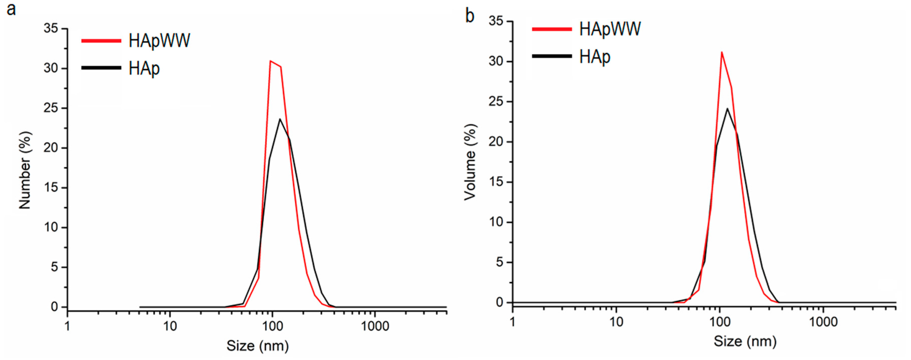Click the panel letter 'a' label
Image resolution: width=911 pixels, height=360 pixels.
[11, 9]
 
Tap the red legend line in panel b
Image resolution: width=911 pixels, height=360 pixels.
[552, 29]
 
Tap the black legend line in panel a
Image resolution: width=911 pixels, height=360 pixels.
[101, 67]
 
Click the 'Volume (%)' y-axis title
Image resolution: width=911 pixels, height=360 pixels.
[470, 162]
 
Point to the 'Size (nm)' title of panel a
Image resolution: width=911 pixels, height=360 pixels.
[257, 345]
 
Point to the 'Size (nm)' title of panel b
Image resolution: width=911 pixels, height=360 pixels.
[745, 341]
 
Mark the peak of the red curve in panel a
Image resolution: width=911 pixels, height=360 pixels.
[271, 61]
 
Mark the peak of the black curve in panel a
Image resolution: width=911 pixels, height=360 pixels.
[280, 119]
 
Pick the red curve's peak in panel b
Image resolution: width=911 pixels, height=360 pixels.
[722, 52]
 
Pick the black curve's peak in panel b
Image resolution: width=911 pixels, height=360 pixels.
[728, 108]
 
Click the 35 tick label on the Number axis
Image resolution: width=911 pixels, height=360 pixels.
[51, 28]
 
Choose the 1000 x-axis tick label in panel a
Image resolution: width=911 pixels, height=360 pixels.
[375, 326]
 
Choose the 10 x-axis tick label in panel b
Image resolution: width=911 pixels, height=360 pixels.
[616, 322]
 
